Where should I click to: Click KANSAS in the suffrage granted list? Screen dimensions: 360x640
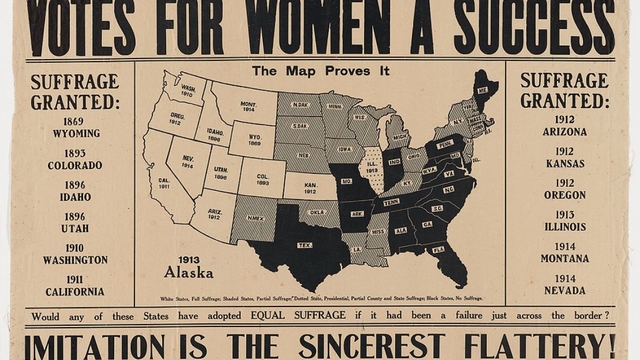click(564, 164)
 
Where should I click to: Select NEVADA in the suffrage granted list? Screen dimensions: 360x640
click(564, 291)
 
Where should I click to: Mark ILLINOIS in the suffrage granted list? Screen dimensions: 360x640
click(564, 227)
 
